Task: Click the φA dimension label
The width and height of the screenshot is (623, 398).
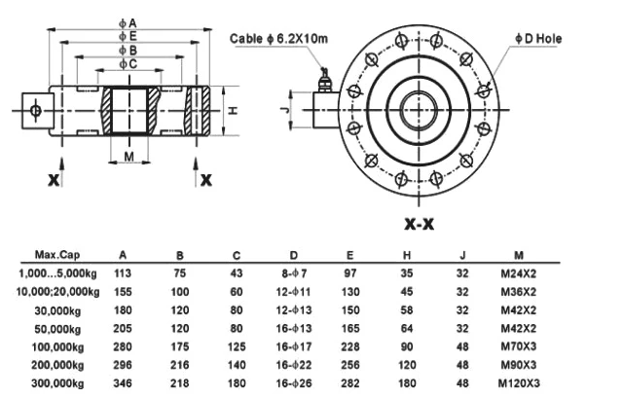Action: point(128,21)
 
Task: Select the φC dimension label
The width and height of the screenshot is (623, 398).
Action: point(128,63)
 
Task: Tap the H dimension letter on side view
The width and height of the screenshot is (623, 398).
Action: point(233,111)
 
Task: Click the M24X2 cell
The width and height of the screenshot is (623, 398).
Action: point(519,273)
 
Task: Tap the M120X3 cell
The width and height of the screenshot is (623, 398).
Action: point(519,383)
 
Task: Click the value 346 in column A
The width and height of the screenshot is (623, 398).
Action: point(123,383)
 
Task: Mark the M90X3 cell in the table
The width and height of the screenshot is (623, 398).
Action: point(519,365)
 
